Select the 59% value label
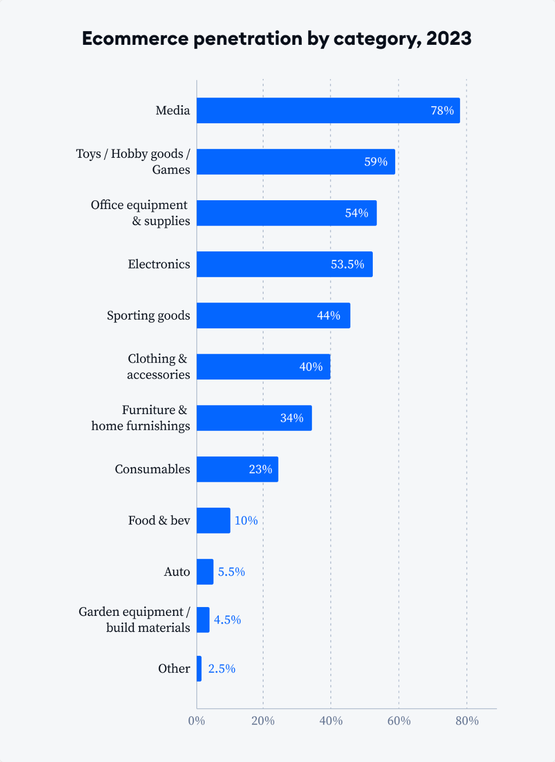click(x=376, y=162)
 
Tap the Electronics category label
click(x=159, y=264)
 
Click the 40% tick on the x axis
click(x=331, y=721)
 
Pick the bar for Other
click(x=199, y=668)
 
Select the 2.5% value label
click(x=222, y=668)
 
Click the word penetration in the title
click(x=248, y=38)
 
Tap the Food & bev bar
click(x=213, y=520)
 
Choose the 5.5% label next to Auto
click(x=231, y=571)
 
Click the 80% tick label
click(x=467, y=721)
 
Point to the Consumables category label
click(x=153, y=469)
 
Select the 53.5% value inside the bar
click(x=347, y=264)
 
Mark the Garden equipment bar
click(x=203, y=620)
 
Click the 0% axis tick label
click(x=196, y=721)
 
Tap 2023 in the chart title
click(x=449, y=38)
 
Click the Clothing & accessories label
click(x=158, y=366)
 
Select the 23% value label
click(x=260, y=469)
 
